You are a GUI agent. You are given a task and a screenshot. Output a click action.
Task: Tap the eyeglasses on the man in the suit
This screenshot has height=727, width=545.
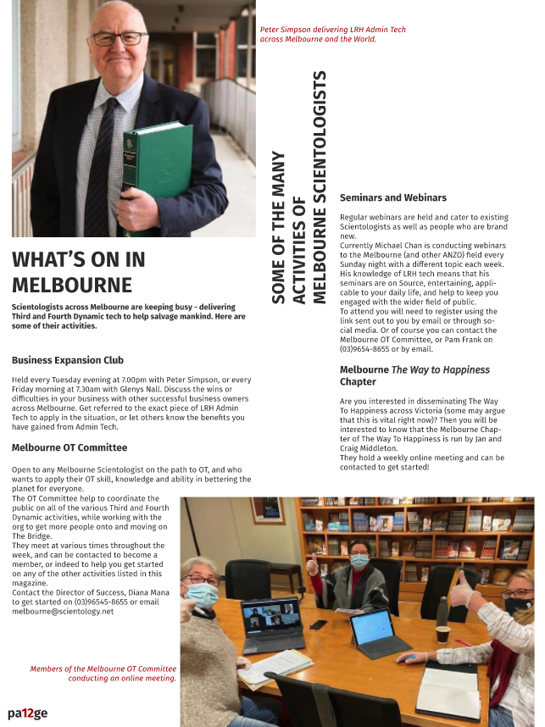(x=119, y=39)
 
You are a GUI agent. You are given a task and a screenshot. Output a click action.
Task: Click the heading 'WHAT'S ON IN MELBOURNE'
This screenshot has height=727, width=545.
(x=78, y=271)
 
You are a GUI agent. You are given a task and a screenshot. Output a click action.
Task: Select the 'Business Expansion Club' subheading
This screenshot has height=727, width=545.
(x=68, y=359)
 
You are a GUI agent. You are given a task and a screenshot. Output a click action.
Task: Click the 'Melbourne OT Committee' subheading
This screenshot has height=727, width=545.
(x=70, y=447)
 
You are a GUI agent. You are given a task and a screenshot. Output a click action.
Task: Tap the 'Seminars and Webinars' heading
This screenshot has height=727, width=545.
(x=392, y=197)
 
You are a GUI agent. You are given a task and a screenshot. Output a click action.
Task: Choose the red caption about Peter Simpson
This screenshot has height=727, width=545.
(x=332, y=34)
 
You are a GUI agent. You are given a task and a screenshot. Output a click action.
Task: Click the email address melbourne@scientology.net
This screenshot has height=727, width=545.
(x=63, y=611)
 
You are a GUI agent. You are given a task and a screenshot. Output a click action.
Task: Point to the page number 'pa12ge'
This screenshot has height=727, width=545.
(x=28, y=713)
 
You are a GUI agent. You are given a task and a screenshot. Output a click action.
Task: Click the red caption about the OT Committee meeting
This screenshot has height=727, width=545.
(x=103, y=674)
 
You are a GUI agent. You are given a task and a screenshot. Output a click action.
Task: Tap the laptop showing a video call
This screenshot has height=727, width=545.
(x=272, y=624)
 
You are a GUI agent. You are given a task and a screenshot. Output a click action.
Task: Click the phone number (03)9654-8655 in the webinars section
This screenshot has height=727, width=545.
(x=367, y=349)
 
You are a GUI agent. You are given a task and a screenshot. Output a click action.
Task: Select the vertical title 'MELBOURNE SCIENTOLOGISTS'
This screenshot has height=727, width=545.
(x=319, y=186)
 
